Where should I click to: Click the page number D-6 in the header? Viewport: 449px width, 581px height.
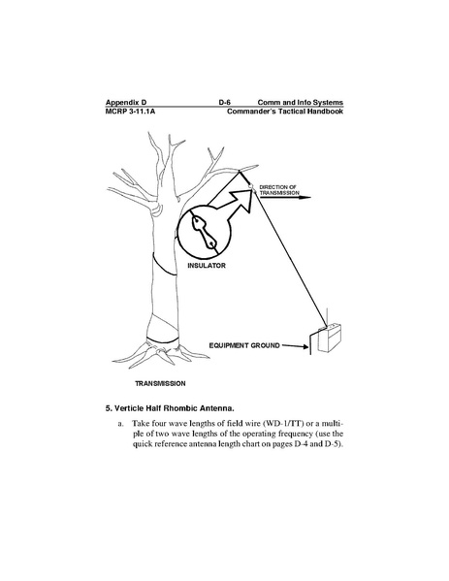225,102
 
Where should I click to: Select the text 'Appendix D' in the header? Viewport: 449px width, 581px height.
126,103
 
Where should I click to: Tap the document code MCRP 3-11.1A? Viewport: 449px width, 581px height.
130,112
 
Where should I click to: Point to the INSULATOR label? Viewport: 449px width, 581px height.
207,266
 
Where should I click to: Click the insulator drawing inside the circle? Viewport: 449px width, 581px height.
203,232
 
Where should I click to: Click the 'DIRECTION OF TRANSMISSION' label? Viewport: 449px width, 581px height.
279,190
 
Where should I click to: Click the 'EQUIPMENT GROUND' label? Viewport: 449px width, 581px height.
244,345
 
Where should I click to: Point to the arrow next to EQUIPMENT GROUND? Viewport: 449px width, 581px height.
295,346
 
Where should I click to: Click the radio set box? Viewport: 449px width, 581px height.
330,339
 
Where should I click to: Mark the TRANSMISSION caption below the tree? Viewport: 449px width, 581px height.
160,384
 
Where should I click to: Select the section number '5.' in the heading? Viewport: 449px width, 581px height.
109,408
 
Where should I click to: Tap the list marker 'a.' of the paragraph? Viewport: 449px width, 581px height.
121,424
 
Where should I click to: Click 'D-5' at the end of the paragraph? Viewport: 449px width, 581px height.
332,444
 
